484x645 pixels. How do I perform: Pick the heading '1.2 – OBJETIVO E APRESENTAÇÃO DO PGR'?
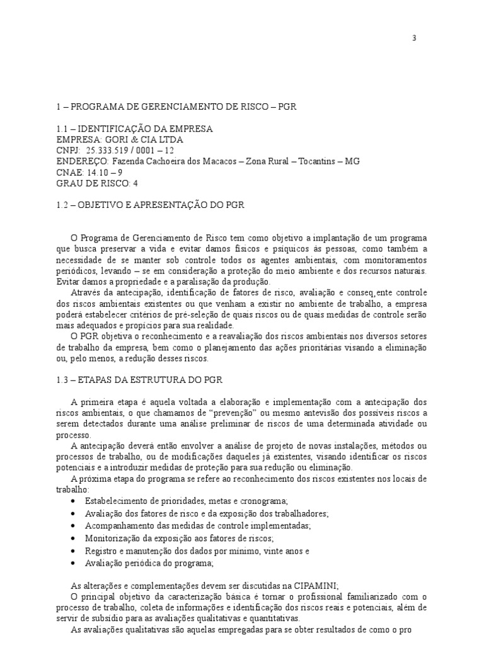tap(149, 205)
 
